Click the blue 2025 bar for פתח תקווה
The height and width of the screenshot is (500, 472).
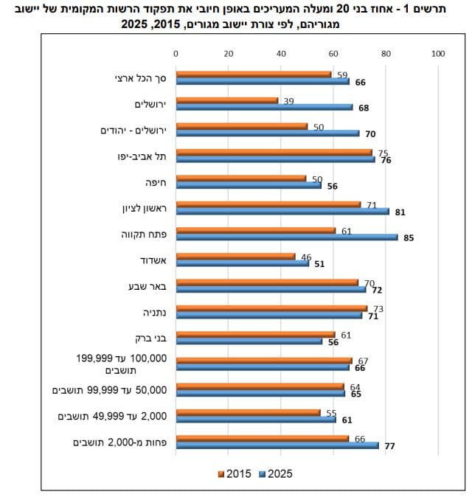click(x=287, y=237)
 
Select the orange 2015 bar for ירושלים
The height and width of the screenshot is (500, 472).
click(x=227, y=100)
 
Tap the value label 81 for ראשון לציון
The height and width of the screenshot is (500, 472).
click(x=400, y=212)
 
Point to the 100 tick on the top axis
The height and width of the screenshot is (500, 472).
click(x=438, y=54)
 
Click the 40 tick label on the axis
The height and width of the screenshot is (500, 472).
click(x=281, y=54)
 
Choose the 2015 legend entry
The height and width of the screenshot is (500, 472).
click(x=235, y=474)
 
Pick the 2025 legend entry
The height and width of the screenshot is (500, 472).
click(x=276, y=474)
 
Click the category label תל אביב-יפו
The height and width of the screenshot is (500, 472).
click(x=142, y=156)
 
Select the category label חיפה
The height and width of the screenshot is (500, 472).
click(x=156, y=183)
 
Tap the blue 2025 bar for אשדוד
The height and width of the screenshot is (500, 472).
click(x=243, y=263)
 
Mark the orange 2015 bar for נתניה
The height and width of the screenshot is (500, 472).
click(x=271, y=308)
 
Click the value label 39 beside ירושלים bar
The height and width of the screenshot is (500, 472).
click(x=288, y=102)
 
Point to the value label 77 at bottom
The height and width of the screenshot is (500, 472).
click(x=389, y=446)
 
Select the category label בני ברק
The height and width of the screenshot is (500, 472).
click(x=150, y=338)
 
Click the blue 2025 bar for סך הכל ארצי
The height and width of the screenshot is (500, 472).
click(x=263, y=81)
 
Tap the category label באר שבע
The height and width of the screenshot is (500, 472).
click(x=147, y=286)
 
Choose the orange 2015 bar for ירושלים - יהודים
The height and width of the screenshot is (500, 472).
click(x=242, y=126)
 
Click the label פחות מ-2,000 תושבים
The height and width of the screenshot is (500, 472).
click(x=120, y=442)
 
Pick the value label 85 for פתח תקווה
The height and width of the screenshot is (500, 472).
click(x=409, y=238)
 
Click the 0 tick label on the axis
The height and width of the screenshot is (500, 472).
click(x=176, y=54)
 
